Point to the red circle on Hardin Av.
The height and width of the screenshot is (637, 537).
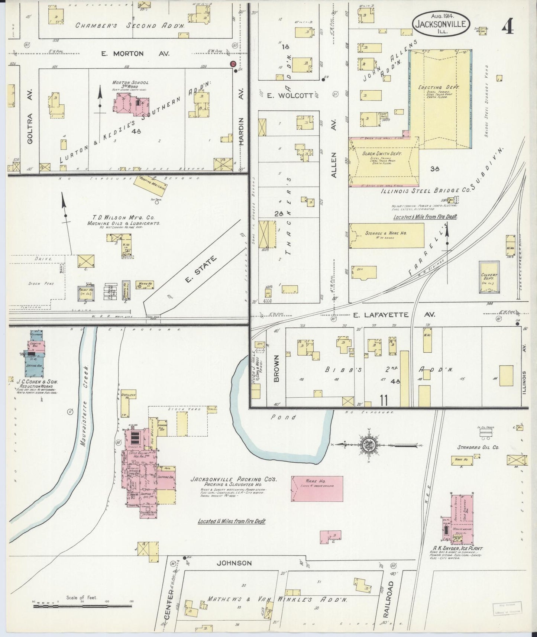(233, 64)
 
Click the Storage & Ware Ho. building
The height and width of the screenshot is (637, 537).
(386, 236)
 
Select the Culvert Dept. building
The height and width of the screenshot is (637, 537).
(489, 277)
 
